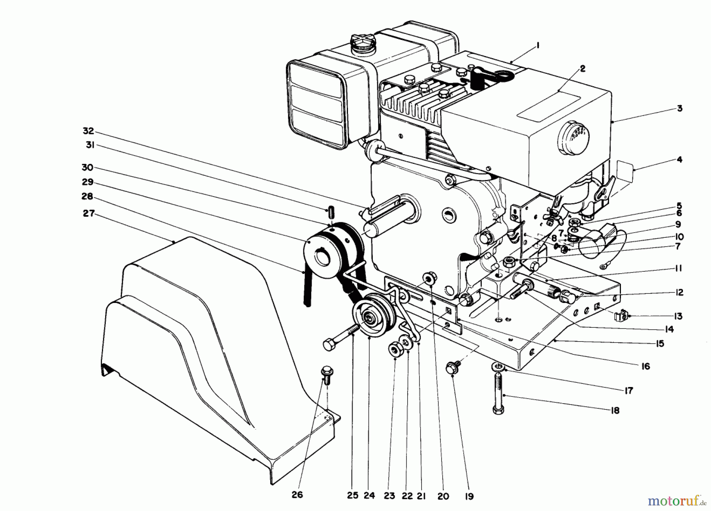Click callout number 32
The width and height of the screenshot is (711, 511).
coord(88,131)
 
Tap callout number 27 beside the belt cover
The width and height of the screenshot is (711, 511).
coord(88,213)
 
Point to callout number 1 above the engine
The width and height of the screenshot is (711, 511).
coord(538,46)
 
